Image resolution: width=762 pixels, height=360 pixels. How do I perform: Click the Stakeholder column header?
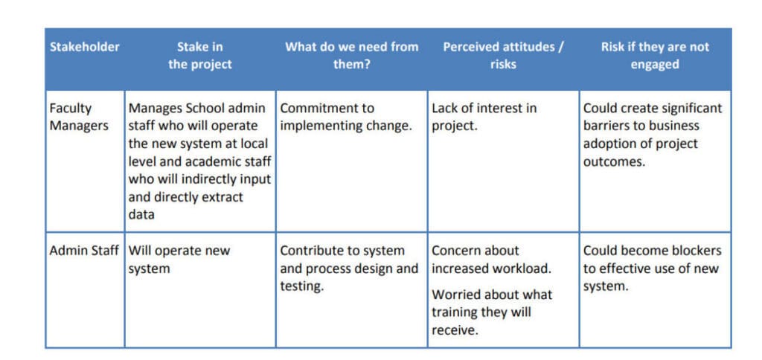tap(85, 47)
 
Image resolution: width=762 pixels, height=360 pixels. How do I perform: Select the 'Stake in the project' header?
tap(199, 56)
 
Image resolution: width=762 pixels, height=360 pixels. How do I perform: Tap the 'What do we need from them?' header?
tap(351, 56)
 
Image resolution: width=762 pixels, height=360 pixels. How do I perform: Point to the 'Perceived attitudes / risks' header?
tap(503, 56)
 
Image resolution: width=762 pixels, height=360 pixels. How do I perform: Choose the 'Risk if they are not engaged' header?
tap(655, 56)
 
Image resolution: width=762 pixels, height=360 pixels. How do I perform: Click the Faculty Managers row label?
tap(79, 117)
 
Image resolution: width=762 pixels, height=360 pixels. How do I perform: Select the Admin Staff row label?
tap(84, 251)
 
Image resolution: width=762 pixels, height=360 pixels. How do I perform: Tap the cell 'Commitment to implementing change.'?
tap(346, 117)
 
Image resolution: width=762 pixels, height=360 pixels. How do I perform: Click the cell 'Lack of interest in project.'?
tap(484, 117)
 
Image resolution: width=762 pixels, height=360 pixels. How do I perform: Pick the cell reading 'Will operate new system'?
tap(179, 260)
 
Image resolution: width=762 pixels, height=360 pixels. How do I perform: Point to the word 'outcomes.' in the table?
tap(614, 162)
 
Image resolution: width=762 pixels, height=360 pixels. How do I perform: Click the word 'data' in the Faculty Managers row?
tap(141, 215)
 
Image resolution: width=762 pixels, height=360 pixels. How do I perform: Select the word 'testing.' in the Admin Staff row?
tap(302, 286)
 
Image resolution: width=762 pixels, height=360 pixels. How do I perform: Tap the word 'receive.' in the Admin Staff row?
tap(455, 330)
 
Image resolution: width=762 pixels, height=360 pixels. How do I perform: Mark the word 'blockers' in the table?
tap(697, 251)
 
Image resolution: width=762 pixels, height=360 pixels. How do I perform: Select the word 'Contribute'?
tap(310, 251)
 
